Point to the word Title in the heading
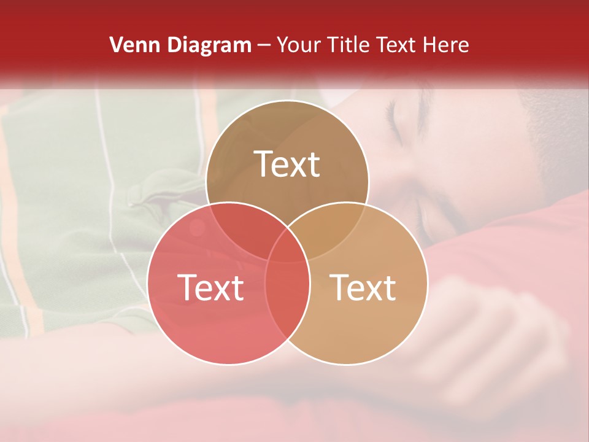[350, 45]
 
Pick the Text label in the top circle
[287, 165]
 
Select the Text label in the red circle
[210, 287]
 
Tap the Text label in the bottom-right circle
[363, 287]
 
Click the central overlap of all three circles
[287, 246]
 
